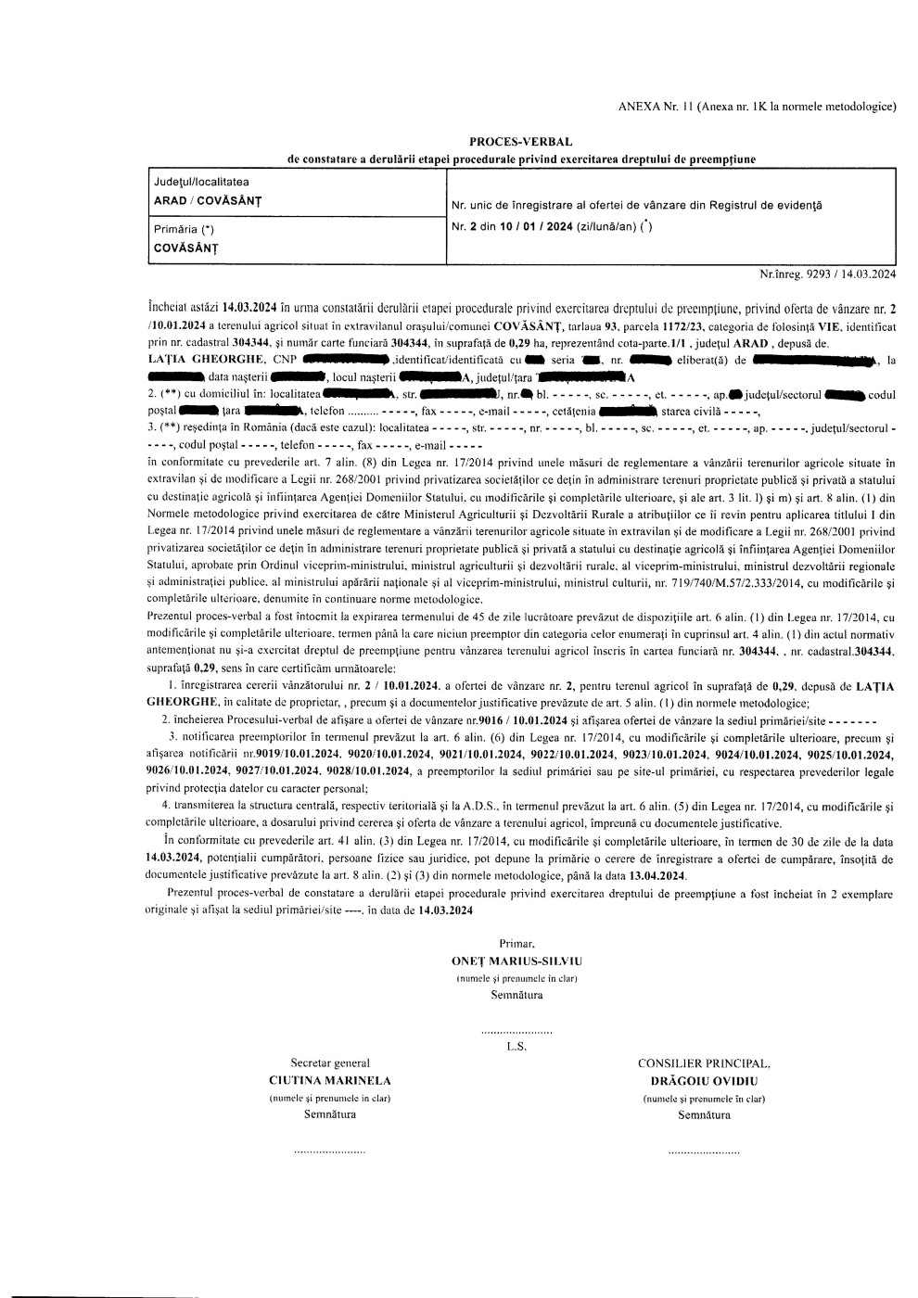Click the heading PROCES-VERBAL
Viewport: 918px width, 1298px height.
pos(520,142)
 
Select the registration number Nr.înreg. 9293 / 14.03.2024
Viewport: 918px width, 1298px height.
pos(827,274)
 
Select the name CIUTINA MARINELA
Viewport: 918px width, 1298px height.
pos(329,1080)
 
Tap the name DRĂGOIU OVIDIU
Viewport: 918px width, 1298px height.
pos(704,1080)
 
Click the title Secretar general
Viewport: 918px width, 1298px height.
pos(330,1063)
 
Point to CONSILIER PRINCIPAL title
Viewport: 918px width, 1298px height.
pos(704,1063)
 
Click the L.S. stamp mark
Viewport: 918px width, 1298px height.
pos(516,1047)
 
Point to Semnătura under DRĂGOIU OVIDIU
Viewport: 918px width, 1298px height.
pos(704,1114)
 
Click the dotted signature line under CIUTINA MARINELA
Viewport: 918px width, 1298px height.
pos(329,1151)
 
